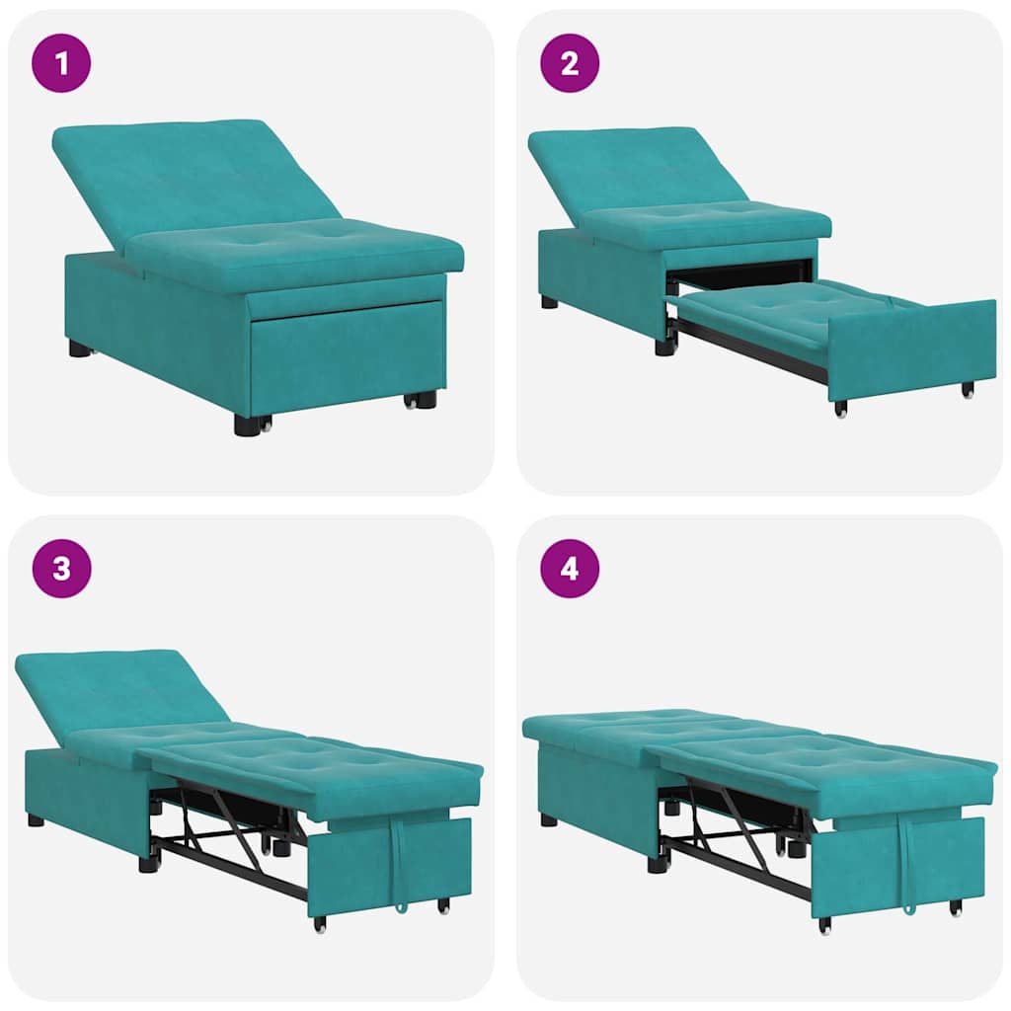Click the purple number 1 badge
(61, 63)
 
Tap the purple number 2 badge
(570, 63)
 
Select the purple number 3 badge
(61, 569)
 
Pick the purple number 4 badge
(570, 569)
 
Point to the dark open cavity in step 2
(740, 272)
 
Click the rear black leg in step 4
(548, 819)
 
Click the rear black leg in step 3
(36, 819)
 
